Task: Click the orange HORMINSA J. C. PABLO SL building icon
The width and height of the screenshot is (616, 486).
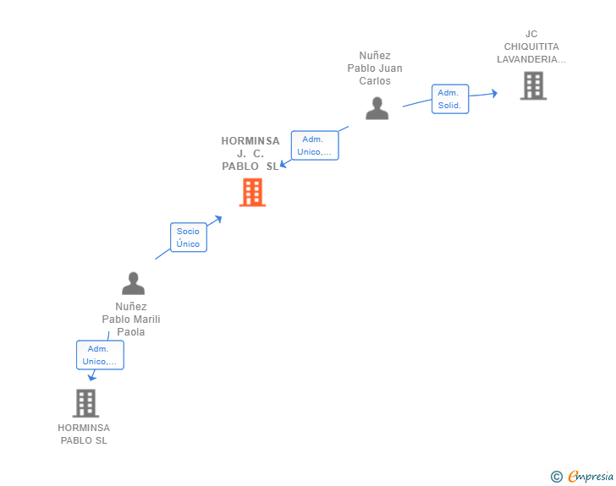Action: coord(252,193)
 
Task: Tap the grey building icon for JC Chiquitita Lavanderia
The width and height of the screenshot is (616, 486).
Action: coord(533,85)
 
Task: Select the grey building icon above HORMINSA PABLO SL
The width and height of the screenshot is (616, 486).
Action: coord(85,403)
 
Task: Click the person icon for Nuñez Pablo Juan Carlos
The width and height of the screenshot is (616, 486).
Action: coord(377,108)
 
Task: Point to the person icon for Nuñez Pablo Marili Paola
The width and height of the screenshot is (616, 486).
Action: coord(133,283)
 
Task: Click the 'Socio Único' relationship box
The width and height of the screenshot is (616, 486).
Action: coord(188,238)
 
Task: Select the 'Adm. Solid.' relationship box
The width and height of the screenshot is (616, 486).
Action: coord(449,99)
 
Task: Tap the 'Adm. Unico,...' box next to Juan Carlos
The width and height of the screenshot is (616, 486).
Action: coord(314,145)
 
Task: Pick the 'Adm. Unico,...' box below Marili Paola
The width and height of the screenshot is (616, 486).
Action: coord(100,355)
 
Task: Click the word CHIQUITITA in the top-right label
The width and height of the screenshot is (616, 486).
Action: coord(531,46)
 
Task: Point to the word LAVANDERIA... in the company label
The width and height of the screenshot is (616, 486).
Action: coord(531,59)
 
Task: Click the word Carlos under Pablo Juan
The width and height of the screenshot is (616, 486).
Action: coord(375,81)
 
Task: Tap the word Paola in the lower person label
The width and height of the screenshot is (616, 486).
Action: coord(131,332)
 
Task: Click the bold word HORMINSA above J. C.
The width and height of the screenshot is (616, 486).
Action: coord(250,141)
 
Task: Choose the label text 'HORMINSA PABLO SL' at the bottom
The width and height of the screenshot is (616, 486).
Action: coord(84,434)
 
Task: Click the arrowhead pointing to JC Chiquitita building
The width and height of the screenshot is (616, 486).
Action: coord(494,93)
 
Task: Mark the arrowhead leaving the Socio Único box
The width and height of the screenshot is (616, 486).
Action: coord(218,219)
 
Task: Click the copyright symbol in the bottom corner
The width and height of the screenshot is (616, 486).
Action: coord(556,477)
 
